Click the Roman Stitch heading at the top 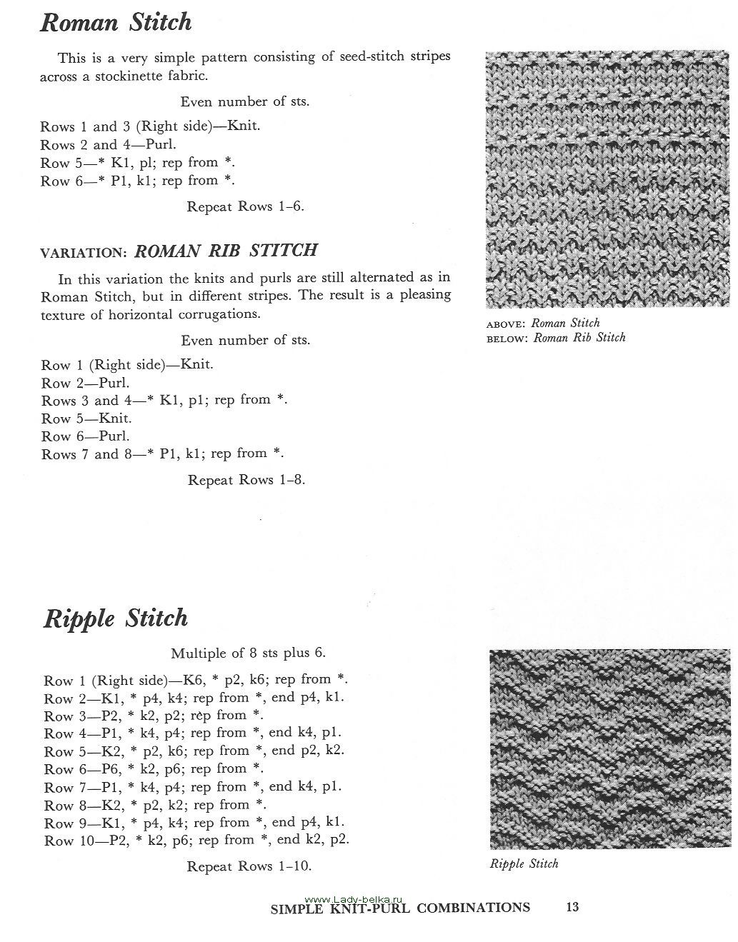[116, 23]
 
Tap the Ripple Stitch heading [116, 618]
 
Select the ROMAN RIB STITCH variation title [226, 251]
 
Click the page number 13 [572, 908]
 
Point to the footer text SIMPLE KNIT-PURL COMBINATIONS [400, 908]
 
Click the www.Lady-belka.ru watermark [355, 898]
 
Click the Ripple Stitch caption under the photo [524, 863]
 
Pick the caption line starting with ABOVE [543, 323]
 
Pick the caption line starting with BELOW [556, 338]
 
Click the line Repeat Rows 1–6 [245, 206]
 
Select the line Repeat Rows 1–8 [246, 480]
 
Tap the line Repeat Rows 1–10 [249, 866]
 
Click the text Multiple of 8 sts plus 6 [248, 653]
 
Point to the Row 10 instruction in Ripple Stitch [196, 841]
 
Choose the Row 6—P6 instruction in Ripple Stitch [154, 769]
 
